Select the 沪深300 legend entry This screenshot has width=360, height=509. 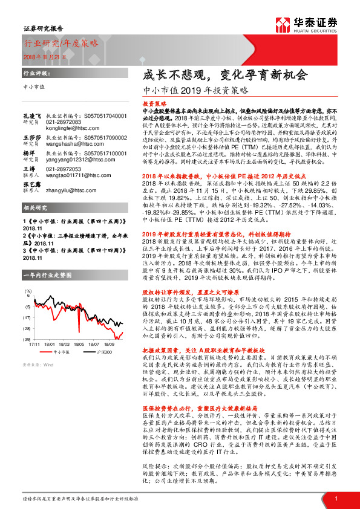pos(102,351)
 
